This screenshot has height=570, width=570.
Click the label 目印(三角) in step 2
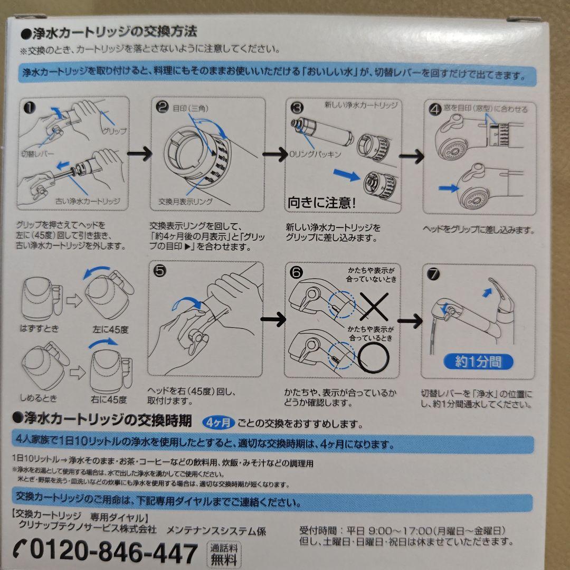point(192,109)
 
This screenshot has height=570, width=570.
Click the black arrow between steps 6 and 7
point(411,320)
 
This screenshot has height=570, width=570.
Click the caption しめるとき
point(40,397)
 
